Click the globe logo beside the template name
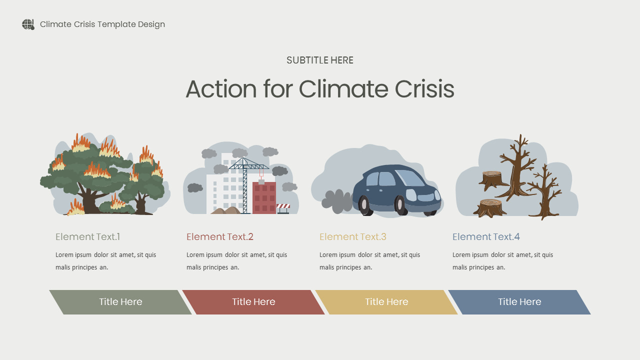[28, 24]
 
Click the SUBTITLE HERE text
[320, 60]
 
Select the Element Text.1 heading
[88, 237]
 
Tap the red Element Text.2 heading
[220, 237]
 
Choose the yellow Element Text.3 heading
[353, 237]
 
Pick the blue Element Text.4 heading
[486, 237]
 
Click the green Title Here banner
[120, 302]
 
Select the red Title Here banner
[253, 302]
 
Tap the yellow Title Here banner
[386, 302]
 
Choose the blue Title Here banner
[519, 302]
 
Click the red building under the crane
[264, 198]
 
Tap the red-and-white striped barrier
[283, 206]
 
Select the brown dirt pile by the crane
[226, 210]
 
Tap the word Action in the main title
[221, 89]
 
